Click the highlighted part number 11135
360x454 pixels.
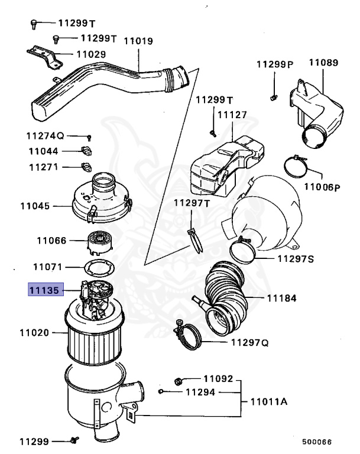point(44,291)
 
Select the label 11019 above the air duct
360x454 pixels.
point(139,41)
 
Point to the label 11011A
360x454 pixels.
point(268,402)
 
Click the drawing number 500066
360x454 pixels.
point(316,441)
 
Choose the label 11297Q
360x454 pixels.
point(249,342)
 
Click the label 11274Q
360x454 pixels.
point(48,136)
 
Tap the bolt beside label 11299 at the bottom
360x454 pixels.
point(74,440)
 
